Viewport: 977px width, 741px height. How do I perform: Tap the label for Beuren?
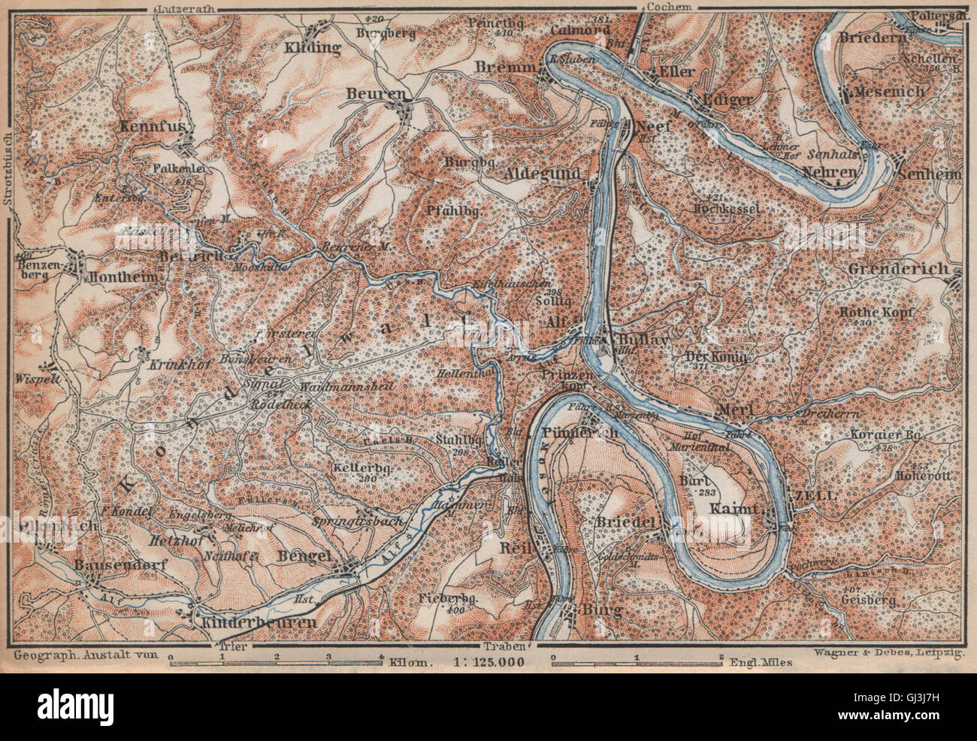click(x=386, y=94)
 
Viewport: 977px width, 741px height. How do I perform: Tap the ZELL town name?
click(x=811, y=495)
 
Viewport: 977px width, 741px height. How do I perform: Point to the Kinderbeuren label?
click(x=256, y=624)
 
